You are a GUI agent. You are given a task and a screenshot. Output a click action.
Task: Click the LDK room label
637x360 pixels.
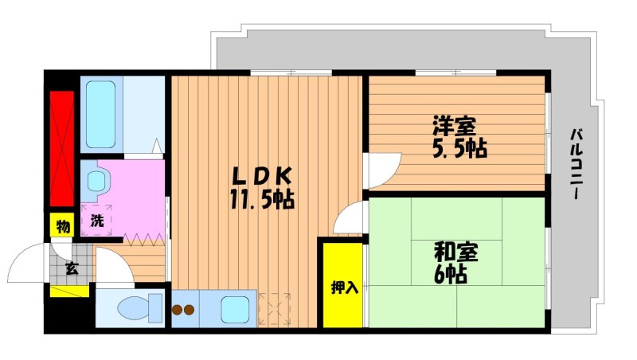(x=262, y=177)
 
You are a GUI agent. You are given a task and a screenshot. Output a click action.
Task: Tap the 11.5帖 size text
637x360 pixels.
(x=262, y=199)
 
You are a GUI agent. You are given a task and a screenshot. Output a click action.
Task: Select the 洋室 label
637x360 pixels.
(x=454, y=126)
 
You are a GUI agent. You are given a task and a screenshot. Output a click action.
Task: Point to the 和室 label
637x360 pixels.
(x=455, y=252)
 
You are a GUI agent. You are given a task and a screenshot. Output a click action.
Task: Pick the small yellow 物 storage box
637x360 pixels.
(x=62, y=225)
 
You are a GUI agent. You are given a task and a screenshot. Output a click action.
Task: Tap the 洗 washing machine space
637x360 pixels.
(x=96, y=221)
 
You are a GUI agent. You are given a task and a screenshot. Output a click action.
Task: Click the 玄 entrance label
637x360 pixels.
(x=72, y=268)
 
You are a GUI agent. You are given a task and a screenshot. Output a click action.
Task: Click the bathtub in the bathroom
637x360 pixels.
(x=101, y=115)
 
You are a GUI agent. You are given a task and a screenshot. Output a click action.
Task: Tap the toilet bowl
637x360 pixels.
(x=140, y=308)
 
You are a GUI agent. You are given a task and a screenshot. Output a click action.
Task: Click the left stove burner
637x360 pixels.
(x=177, y=310)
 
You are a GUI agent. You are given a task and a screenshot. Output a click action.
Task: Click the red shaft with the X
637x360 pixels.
(x=62, y=148)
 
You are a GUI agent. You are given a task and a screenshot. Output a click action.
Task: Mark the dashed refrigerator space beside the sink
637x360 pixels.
(x=275, y=309)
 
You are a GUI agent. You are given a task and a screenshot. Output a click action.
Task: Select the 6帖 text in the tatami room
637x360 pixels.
(x=450, y=275)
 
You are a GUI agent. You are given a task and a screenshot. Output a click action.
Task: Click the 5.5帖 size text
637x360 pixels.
(x=459, y=148)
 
